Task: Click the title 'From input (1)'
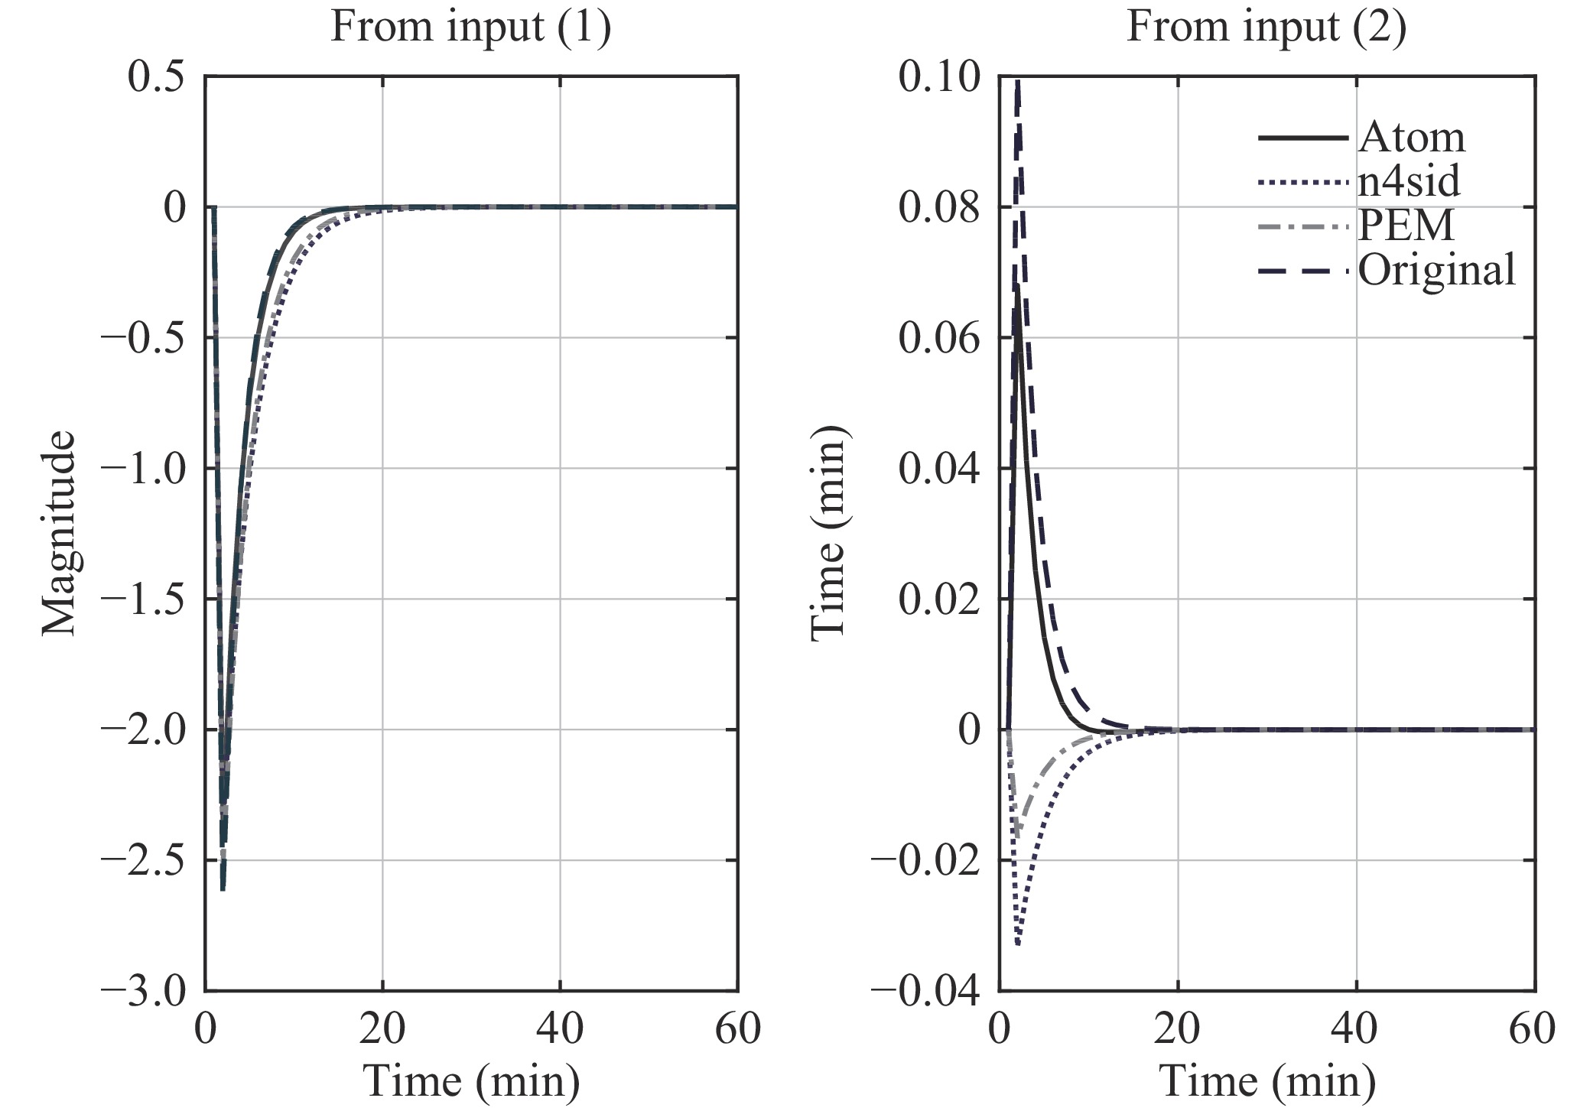click(470, 28)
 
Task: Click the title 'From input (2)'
click(1266, 28)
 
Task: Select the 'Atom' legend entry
click(1411, 138)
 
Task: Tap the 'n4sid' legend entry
click(1409, 182)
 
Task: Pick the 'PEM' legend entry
click(1406, 226)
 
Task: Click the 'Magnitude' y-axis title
click(60, 533)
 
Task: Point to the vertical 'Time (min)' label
click(829, 533)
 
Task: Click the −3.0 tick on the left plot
click(144, 992)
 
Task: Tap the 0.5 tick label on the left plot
click(156, 77)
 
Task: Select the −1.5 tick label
click(144, 599)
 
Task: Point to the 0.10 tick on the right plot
click(938, 77)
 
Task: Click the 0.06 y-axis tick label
click(938, 338)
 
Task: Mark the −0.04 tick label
click(925, 992)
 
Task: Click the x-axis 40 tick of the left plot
click(560, 1029)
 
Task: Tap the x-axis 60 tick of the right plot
click(1533, 1029)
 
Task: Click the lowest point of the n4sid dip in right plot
click(1018, 945)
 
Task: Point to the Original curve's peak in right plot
click(1018, 81)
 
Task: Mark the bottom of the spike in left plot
click(223, 890)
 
